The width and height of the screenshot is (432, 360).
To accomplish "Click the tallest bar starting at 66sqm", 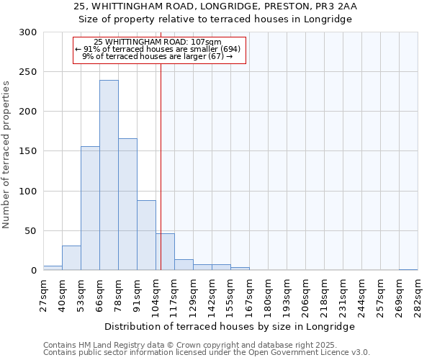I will pos(109,175).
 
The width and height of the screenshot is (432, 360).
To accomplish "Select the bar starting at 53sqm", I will pos(90,208).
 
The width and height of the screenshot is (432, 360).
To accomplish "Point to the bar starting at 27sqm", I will pos(53,268).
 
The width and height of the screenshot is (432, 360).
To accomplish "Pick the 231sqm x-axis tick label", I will pos(343,294).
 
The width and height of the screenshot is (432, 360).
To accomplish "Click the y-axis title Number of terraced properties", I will pos(6,155).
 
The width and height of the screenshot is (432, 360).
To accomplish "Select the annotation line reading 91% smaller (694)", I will pos(161,49).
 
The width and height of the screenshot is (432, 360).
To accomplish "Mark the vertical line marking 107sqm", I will pos(161,166).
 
